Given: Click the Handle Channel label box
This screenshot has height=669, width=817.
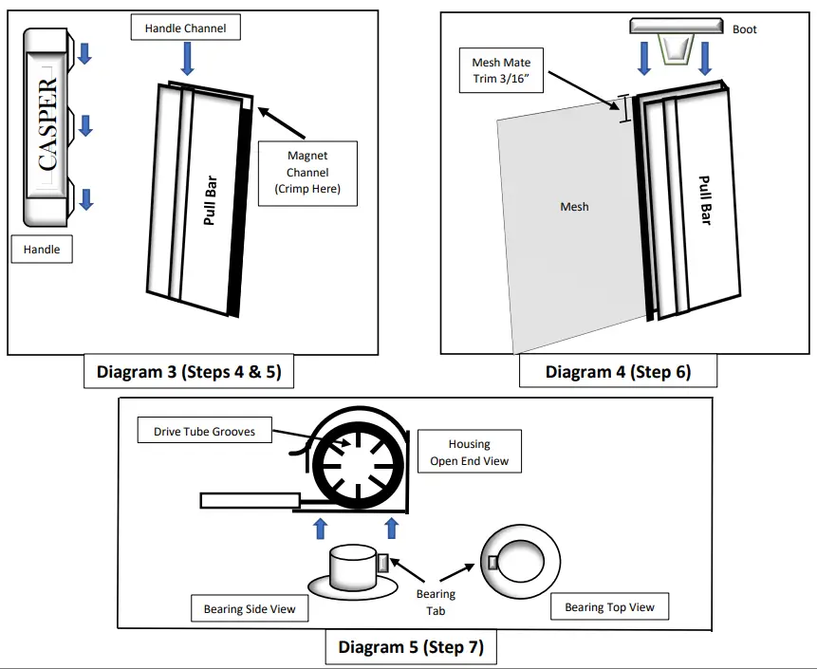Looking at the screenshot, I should pos(185,28).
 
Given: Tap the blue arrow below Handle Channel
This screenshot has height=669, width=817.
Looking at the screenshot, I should pos(187,60).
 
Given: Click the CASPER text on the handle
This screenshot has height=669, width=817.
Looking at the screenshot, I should pos(48,124).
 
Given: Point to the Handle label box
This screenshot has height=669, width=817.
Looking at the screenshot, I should pos(42,250).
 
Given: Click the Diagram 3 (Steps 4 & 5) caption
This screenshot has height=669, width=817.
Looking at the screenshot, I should pos(188,372).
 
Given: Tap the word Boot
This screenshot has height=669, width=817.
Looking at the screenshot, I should pos(745,29).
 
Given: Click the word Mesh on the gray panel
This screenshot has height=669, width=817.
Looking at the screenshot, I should pos(574,206).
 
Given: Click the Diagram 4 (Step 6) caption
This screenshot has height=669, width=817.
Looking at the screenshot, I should pos(618,372).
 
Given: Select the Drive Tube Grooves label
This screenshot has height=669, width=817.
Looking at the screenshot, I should pos(204,432).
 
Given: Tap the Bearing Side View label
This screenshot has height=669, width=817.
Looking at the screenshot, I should pos(250,608).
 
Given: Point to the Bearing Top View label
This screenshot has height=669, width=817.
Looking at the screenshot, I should pos(609,606).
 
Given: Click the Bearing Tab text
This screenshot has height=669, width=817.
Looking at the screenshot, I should pos(436,603).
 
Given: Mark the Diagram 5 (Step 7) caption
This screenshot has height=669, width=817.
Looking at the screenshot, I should pos(411,648).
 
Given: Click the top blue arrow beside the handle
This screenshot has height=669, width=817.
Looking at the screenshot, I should pos(84,53).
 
